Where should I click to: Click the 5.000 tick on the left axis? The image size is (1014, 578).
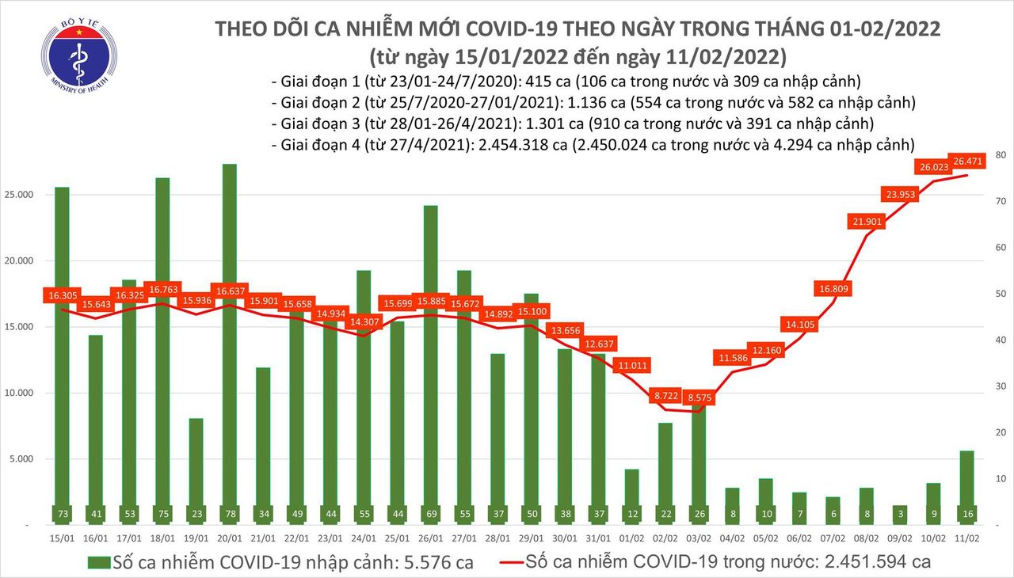tap(29, 459)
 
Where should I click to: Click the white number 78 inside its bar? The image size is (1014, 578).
tap(230, 513)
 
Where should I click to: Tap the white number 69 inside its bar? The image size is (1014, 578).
tap(430, 513)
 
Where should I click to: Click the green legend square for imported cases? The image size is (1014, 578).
tap(97, 563)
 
